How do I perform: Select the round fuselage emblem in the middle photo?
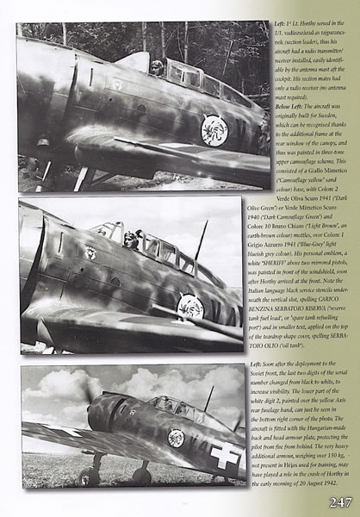[x=189, y=307]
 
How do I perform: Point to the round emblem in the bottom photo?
[x=176, y=438]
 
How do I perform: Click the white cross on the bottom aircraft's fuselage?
[x=226, y=458]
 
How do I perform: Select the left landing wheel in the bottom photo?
[x=86, y=476]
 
